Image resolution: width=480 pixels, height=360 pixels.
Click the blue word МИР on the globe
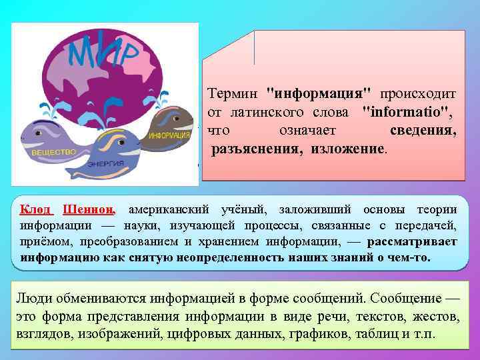click(106, 50)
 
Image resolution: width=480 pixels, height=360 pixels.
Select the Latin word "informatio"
click(409, 109)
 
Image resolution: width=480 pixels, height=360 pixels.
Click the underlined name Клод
click(35, 209)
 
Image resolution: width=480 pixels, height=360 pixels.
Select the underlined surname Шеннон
click(89, 209)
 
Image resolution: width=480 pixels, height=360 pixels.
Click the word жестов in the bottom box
click(435, 315)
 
